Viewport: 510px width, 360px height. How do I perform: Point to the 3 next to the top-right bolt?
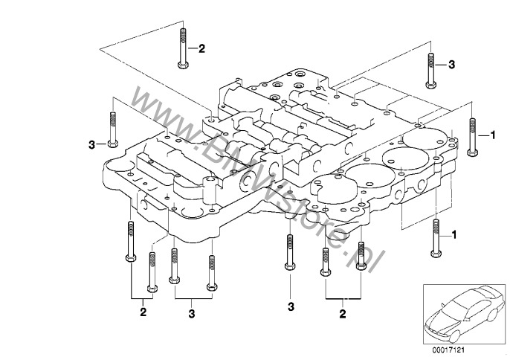pos(450,66)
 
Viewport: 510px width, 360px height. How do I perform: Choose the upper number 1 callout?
pos(491,136)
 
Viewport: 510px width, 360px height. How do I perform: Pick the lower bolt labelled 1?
pos(434,237)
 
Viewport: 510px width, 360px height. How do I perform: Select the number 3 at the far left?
pos(91,143)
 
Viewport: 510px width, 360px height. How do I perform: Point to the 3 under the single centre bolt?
pos(291,306)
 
